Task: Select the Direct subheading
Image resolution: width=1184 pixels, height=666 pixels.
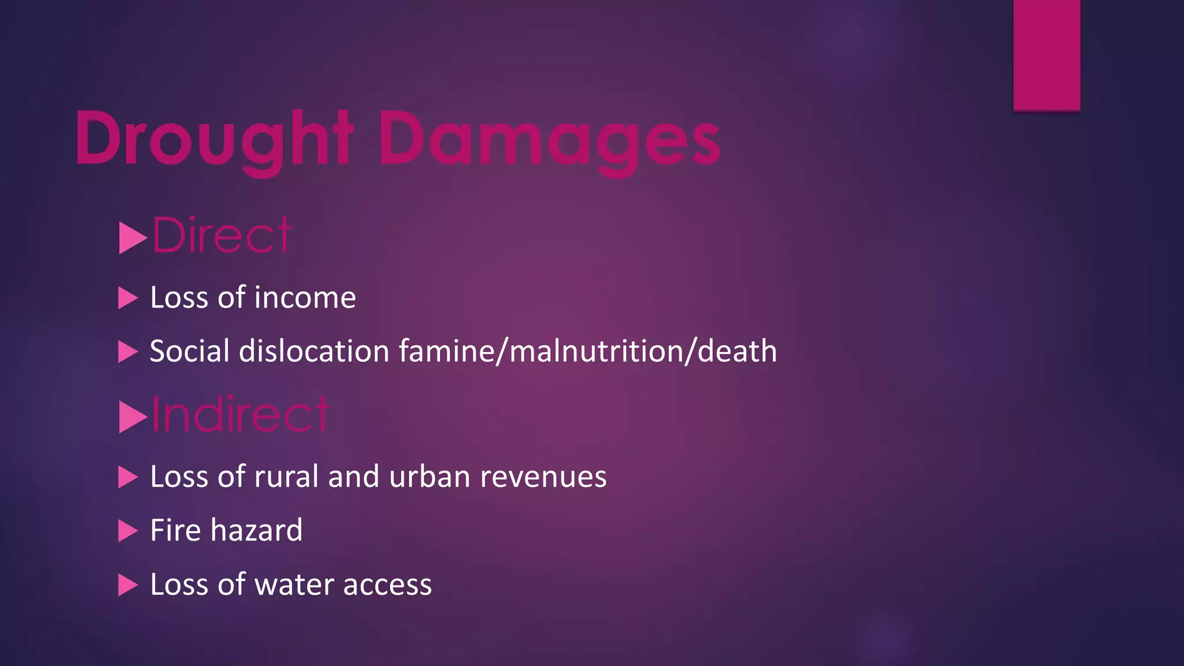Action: [222, 235]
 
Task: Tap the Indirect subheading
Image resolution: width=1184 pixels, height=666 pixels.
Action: [240, 415]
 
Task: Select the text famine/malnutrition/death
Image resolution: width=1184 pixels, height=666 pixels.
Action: [587, 351]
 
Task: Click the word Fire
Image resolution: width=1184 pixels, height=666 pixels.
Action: [175, 530]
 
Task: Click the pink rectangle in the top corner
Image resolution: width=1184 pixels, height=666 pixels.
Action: [1046, 55]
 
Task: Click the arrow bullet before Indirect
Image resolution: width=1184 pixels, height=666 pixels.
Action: [132, 417]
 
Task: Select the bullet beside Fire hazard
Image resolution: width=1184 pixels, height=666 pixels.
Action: [127, 531]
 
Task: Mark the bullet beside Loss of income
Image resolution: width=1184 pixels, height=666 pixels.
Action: [127, 298]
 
